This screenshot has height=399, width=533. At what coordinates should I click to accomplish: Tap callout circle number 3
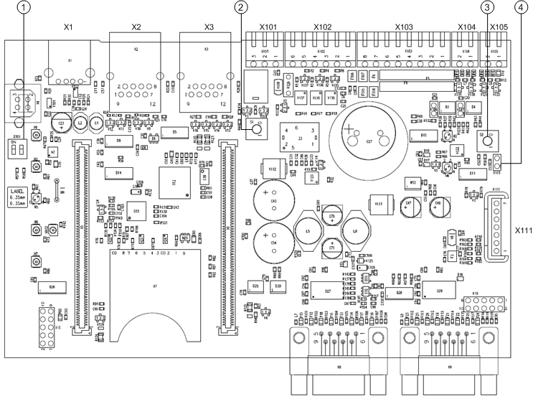[489, 8]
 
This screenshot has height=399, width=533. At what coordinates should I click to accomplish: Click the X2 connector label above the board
[136, 27]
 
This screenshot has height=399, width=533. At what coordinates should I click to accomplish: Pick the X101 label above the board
[268, 27]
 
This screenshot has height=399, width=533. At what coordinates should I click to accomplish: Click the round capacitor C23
[62, 124]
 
